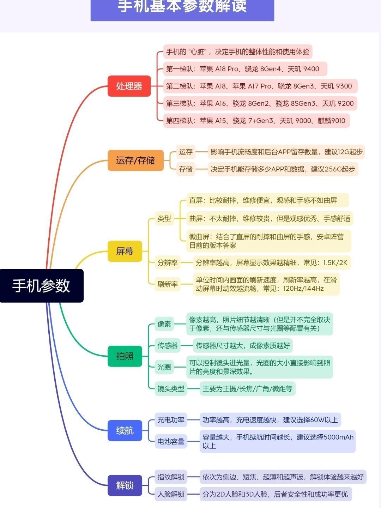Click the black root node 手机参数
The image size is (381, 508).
click(42, 285)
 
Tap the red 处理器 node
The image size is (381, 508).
click(129, 86)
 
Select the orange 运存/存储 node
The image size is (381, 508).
click(135, 161)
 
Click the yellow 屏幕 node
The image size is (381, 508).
click(125, 251)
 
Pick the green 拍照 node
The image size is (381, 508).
click(125, 356)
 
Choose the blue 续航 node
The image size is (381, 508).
click(125, 430)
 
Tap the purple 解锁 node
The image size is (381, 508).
click(125, 485)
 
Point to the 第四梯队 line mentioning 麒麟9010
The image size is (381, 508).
click(256, 121)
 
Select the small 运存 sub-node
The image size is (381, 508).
click(186, 152)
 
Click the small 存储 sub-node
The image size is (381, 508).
click(186, 169)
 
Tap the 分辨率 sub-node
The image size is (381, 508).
click(168, 262)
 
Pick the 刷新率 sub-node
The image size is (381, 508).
click(168, 284)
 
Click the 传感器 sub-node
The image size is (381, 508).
click(168, 346)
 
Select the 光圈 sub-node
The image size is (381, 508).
click(164, 367)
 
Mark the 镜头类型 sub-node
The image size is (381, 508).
click(171, 389)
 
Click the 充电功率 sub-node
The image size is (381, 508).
click(171, 420)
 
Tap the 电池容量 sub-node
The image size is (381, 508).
click(171, 441)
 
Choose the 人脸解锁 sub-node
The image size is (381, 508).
click(171, 494)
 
